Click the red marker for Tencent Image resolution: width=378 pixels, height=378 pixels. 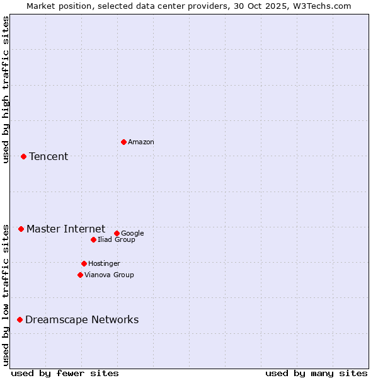tap(23, 156)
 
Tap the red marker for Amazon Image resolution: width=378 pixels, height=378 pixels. tap(123, 142)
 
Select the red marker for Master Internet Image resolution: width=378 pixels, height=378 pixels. tap(21, 229)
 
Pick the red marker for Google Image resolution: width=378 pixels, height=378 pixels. tap(117, 233)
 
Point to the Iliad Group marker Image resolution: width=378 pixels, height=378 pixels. tap(93, 239)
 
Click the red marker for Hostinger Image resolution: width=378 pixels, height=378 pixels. tap(84, 263)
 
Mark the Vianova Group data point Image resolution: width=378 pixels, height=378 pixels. tap(80, 275)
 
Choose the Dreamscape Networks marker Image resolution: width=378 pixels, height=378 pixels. tap(20, 320)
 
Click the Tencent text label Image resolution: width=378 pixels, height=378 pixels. tap(49, 157)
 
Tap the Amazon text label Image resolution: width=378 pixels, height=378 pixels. tap(141, 142)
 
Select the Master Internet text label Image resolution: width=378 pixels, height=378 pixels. tap(66, 229)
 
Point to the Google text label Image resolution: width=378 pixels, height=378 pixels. tap(132, 234)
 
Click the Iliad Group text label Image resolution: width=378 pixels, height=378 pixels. tap(117, 240)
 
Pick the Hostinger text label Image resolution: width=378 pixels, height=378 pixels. tap(104, 264)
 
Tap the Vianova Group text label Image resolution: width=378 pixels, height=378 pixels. tap(109, 275)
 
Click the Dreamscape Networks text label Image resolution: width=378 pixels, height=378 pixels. tap(82, 320)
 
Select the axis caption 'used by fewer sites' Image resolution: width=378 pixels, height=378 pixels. tap(65, 373)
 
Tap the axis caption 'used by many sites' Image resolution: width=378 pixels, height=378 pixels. tap(316, 373)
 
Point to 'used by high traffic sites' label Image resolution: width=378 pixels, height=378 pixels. tap(6, 89)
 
